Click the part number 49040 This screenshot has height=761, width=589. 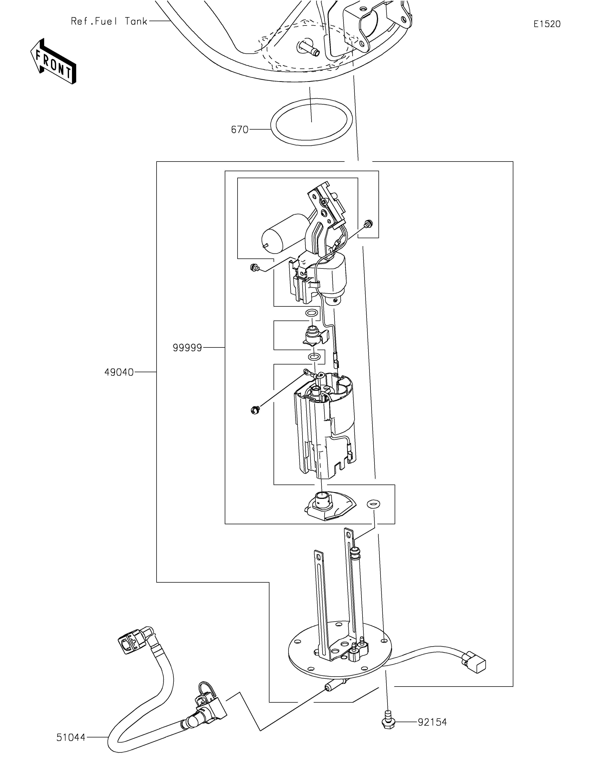(119, 372)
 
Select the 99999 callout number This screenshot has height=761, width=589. (187, 348)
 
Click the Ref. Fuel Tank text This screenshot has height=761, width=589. (109, 21)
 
